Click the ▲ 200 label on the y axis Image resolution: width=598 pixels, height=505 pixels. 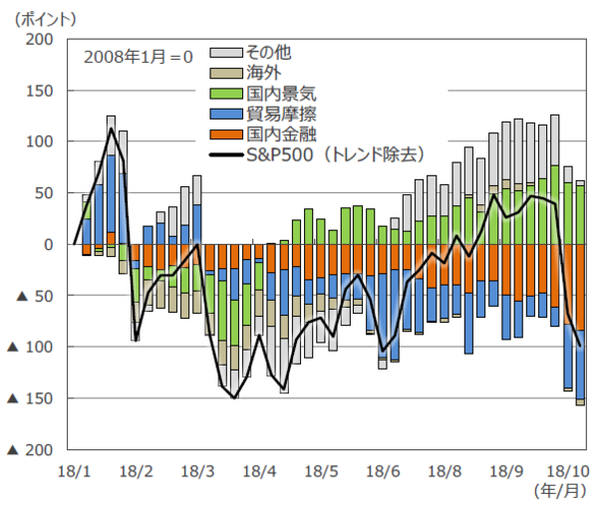pos(27,449)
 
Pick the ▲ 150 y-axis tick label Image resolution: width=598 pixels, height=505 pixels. pos(27,398)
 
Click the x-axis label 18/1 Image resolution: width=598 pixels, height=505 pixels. pos(74,468)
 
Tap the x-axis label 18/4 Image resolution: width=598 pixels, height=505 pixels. pos(259,468)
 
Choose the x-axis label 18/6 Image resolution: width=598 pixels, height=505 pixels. pos(384,468)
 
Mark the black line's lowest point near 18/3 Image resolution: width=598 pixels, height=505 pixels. pos(234,397)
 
